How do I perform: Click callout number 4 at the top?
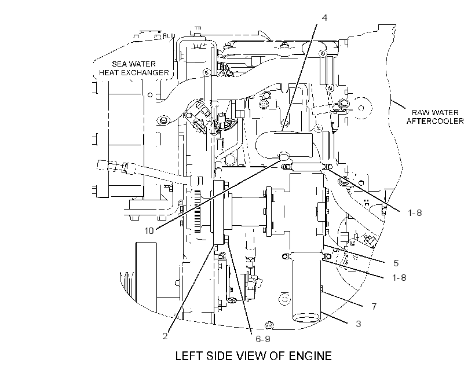[x=324, y=18]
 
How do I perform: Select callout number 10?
[x=149, y=231]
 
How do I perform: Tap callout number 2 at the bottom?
[x=165, y=336]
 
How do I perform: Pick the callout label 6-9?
[x=262, y=339]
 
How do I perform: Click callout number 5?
[x=396, y=263]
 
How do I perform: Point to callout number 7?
[x=374, y=307]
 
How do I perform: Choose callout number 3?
[x=359, y=324]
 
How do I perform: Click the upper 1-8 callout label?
[x=415, y=213]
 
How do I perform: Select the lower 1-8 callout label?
[x=399, y=278]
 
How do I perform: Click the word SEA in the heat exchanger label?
[x=118, y=64]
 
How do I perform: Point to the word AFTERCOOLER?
[x=435, y=122]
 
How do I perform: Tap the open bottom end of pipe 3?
[x=306, y=318]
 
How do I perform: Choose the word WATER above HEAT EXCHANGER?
[x=141, y=64]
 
